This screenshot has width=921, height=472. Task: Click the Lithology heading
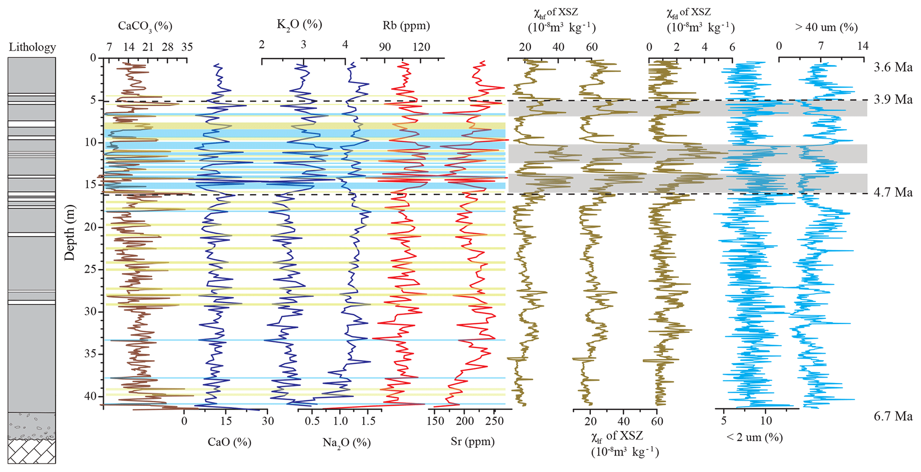32,47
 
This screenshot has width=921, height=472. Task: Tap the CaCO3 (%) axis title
145,26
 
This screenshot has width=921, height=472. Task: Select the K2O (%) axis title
299,24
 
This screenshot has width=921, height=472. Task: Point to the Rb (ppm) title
406,26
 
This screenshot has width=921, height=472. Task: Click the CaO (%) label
229,442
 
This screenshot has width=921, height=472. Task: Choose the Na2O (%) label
346,442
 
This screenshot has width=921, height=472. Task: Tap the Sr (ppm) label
472,441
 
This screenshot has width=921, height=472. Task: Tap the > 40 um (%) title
826,28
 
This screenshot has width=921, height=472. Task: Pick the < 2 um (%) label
754,437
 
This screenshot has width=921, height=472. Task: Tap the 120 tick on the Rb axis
421,47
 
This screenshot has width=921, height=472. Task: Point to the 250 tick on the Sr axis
493,422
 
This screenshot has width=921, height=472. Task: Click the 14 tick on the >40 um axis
863,46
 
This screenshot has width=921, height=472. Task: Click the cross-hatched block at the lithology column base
32,452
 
